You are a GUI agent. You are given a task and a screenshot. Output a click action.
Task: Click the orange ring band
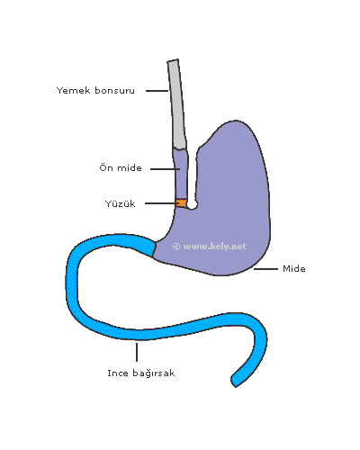point(182,203)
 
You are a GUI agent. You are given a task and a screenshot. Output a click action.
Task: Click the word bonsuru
point(114,90)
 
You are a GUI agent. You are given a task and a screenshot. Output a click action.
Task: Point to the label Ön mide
point(121,167)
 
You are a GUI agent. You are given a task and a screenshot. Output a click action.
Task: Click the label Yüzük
point(120,203)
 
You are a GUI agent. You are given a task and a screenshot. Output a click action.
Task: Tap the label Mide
point(294,268)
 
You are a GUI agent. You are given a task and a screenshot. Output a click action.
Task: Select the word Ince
point(118,373)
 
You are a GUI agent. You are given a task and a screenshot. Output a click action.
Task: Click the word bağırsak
point(153,373)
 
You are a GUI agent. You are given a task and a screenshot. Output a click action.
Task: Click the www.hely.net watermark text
point(214,247)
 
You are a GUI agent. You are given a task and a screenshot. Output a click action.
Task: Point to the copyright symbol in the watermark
point(176,247)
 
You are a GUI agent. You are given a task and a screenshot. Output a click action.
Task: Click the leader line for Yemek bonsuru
point(157,91)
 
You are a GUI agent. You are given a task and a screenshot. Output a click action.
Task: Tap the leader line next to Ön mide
point(165,169)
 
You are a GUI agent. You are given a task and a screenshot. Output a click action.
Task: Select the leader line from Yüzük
point(161,203)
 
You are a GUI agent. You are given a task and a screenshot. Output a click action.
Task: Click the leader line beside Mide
point(265,269)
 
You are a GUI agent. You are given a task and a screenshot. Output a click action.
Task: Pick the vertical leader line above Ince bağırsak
point(137,352)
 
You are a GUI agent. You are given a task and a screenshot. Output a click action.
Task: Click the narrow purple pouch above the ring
point(181,174)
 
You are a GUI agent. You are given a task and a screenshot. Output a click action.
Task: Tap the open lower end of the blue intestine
point(234,382)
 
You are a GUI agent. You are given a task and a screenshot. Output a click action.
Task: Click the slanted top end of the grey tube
point(173,60)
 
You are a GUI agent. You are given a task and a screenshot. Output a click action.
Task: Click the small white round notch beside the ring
point(192,204)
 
